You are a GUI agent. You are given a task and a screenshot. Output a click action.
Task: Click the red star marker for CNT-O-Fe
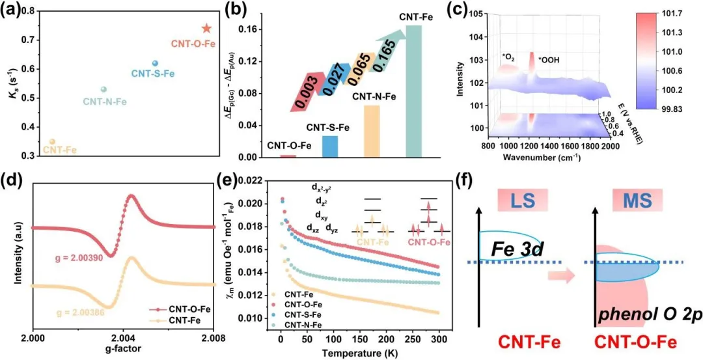click(x=206, y=29)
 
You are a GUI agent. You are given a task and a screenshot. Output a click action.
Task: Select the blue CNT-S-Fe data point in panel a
click(x=155, y=63)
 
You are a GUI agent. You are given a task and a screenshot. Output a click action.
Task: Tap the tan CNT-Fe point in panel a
click(x=53, y=141)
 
